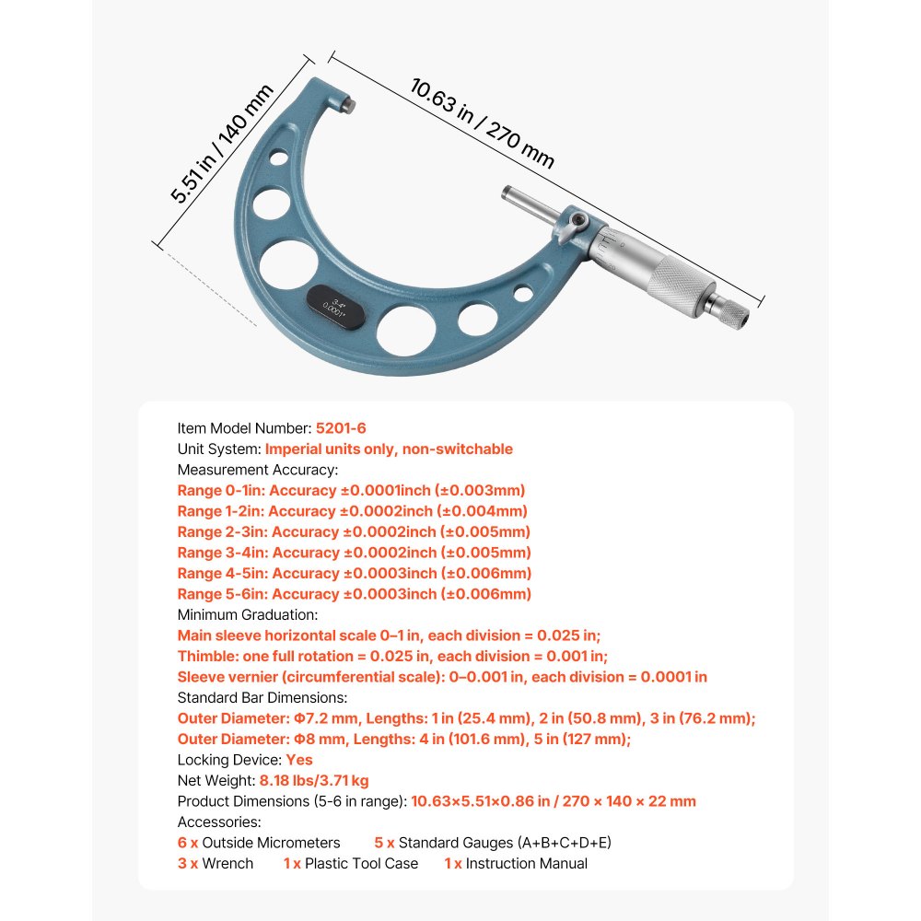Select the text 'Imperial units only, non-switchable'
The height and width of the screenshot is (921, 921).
[x=389, y=449]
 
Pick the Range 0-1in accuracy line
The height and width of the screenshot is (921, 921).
[x=351, y=491]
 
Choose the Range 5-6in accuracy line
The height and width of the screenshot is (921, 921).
[x=354, y=594]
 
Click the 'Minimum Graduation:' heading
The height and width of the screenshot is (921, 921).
[x=248, y=614]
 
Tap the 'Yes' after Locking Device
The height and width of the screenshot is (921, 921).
[x=299, y=760]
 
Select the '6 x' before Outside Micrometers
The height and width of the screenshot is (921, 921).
[x=187, y=843]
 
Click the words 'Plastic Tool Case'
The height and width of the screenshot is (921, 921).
[x=361, y=863]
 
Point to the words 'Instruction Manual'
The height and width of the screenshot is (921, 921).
[x=526, y=863]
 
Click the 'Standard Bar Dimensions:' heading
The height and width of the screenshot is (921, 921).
[x=262, y=697]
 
